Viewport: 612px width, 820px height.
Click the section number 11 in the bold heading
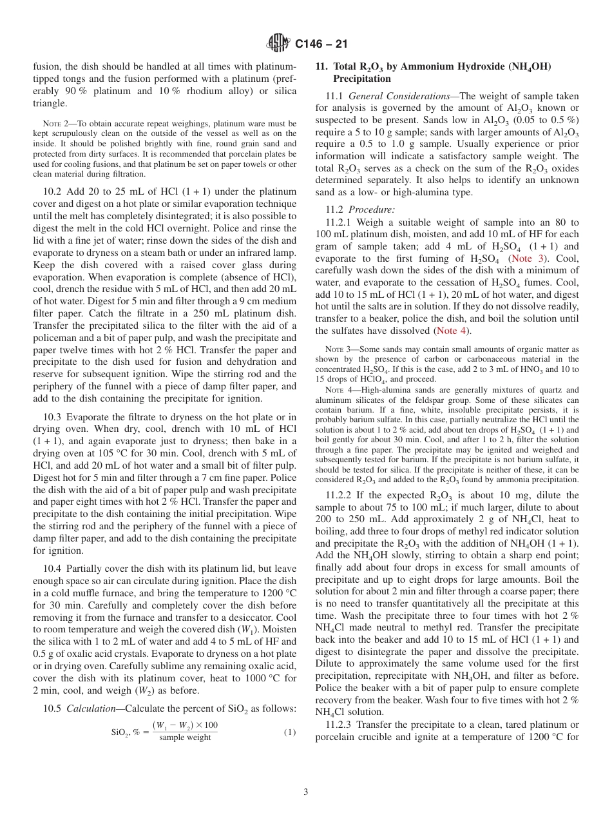coord(320,66)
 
